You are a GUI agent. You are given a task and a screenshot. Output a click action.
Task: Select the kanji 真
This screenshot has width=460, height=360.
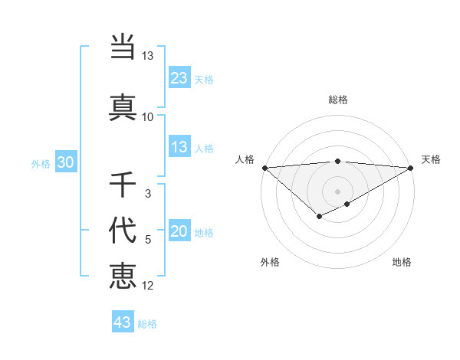pyautogui.click(x=123, y=107)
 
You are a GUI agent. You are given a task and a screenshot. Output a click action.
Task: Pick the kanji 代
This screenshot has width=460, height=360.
pyautogui.click(x=123, y=231)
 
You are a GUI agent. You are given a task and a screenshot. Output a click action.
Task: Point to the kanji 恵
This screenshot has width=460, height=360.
pyautogui.click(x=123, y=277)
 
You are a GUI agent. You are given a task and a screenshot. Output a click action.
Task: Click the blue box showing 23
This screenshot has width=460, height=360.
pyautogui.click(x=179, y=77)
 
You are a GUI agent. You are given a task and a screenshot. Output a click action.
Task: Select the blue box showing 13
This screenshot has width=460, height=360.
pyautogui.click(x=179, y=147)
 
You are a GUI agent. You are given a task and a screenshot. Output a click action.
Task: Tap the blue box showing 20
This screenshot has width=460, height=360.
pyautogui.click(x=179, y=232)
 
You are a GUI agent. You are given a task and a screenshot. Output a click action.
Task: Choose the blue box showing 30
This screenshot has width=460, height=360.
pyautogui.click(x=66, y=162)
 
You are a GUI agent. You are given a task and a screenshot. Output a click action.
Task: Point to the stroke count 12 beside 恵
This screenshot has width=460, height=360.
pyautogui.click(x=148, y=286)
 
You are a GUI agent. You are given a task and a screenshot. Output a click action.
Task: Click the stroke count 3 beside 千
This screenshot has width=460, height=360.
pyautogui.click(x=148, y=194)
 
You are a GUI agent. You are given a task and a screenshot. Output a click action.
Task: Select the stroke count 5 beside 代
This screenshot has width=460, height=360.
pyautogui.click(x=148, y=240)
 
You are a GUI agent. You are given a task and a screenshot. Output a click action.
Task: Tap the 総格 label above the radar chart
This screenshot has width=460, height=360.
pyautogui.click(x=338, y=100)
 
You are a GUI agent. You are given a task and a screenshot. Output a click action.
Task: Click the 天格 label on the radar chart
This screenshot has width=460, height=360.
pyautogui.click(x=431, y=159)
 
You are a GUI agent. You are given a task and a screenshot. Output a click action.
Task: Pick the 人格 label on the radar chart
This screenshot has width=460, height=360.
pyautogui.click(x=245, y=159)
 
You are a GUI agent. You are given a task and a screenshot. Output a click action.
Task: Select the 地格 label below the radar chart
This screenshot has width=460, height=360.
pyautogui.click(x=402, y=262)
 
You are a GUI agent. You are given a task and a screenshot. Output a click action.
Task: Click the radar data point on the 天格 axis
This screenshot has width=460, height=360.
pyautogui.click(x=411, y=168)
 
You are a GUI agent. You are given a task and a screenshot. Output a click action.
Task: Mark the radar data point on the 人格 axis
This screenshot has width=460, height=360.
pyautogui.click(x=264, y=168)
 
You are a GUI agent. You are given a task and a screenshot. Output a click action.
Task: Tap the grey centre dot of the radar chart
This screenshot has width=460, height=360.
pyautogui.click(x=337, y=191)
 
